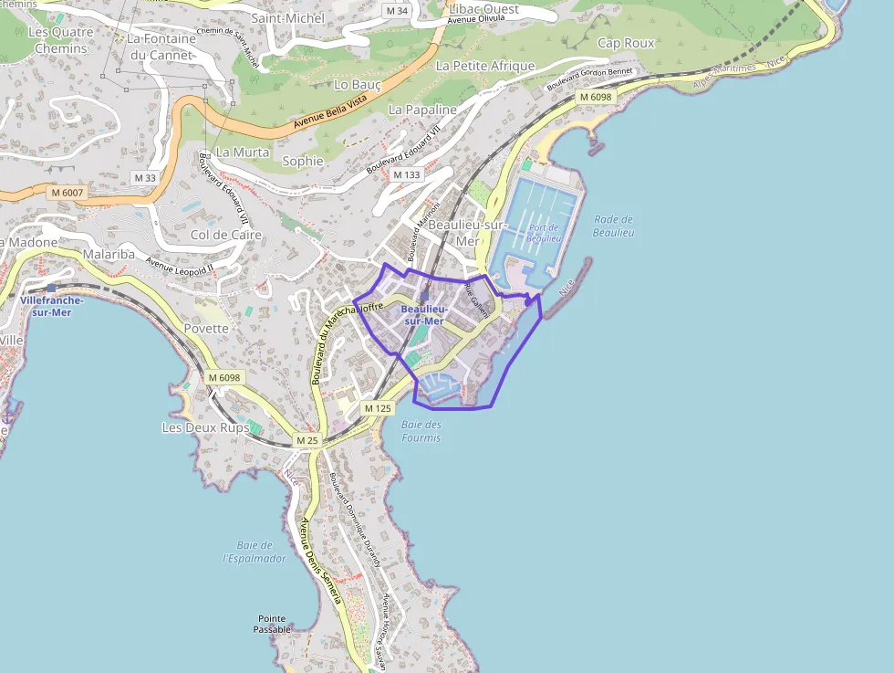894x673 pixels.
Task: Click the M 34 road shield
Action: [x=397, y=10]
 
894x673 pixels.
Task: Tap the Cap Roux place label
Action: [x=626, y=43]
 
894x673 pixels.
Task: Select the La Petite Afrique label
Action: [x=485, y=66]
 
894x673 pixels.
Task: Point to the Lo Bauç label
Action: [x=358, y=84]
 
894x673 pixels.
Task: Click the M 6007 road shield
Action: [x=67, y=193]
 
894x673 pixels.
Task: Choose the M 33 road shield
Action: [x=144, y=177]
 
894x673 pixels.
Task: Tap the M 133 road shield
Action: [x=407, y=174]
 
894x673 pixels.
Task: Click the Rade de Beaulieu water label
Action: [x=613, y=226]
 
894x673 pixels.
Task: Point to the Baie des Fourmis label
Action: [x=421, y=431]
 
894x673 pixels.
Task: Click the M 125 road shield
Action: [x=378, y=408]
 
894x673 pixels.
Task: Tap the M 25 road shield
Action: [x=307, y=441]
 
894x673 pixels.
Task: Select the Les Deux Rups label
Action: [x=206, y=427]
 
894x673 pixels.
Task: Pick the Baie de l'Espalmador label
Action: [x=255, y=552]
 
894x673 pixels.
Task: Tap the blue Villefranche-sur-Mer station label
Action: [x=51, y=305]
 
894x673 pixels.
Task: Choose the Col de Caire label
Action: [x=226, y=235]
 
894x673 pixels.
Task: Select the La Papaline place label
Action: [x=422, y=110]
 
